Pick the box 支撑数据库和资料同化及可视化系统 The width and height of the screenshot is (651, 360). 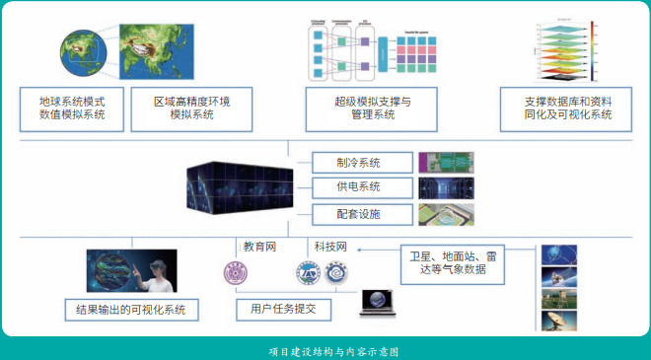coord(567,108)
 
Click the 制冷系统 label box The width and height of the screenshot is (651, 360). coord(359,163)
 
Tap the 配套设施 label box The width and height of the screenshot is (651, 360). coord(359,214)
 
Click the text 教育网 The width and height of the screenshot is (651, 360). coord(260,246)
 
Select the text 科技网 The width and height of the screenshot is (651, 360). coord(330,246)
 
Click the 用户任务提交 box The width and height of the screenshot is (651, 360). coord(283,310)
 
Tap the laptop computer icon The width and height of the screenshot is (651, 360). coord(379,301)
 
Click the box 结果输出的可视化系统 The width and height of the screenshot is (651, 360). coord(130,311)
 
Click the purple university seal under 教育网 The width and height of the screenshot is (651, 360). coord(235,274)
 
